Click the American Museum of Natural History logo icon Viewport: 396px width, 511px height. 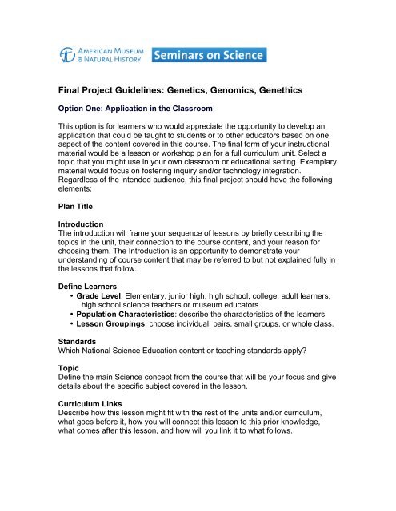(x=70, y=55)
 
